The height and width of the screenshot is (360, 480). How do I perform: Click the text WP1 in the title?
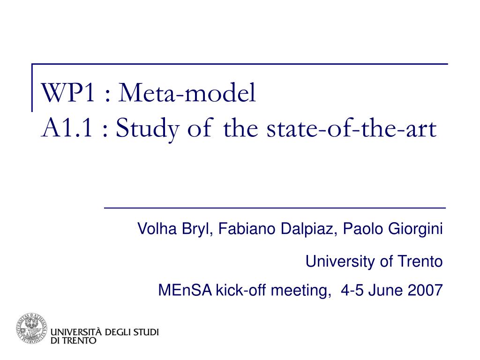click(68, 92)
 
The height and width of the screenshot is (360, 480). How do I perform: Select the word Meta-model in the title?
click(187, 92)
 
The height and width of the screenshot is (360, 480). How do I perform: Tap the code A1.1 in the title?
click(67, 128)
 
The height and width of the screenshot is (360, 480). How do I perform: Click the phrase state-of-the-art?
click(352, 128)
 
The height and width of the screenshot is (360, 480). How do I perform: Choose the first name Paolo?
click(363, 229)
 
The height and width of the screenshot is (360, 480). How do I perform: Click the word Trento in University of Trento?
click(420, 262)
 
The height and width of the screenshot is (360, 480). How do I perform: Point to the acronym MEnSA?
click(185, 290)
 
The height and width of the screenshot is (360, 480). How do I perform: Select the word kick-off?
click(240, 290)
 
